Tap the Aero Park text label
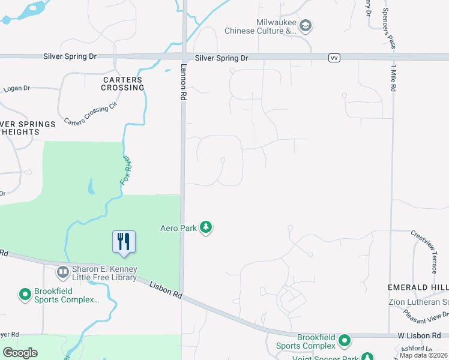point(178,228)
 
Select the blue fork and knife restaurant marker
point(124,241)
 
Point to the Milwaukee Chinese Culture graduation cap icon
point(306,26)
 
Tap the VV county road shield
point(334,58)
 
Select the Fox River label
point(127,170)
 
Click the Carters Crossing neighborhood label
point(123,83)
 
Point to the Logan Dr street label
point(16,89)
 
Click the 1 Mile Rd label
point(394,77)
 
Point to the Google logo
point(20,353)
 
